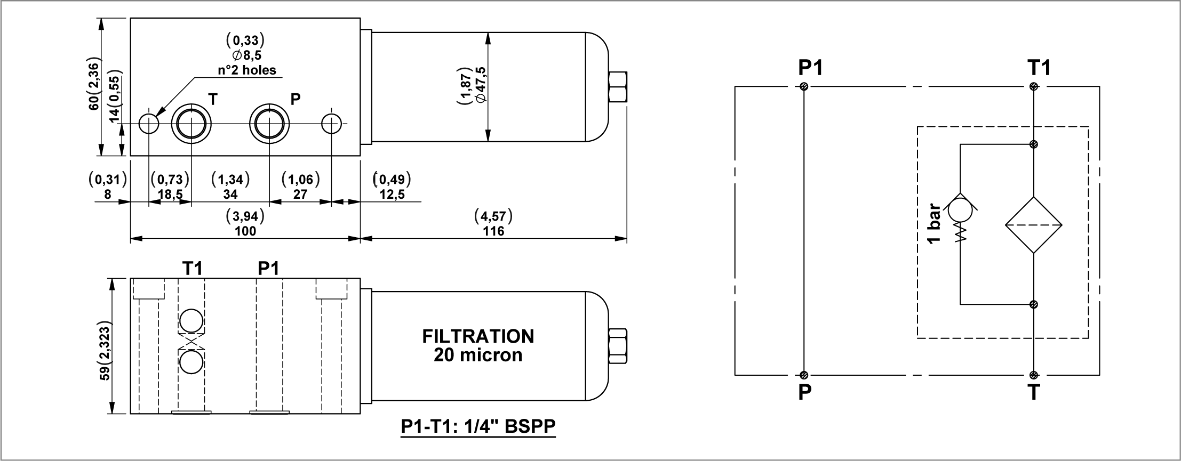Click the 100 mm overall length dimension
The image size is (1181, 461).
245,231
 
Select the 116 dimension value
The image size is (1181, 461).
493,231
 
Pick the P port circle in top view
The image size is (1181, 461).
269,124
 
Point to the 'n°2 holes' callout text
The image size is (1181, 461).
247,70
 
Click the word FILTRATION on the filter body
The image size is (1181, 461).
478,336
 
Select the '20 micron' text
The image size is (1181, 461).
478,355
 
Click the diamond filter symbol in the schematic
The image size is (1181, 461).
1034,225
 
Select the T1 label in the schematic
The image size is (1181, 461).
1039,68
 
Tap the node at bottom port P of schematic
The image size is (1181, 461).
804,375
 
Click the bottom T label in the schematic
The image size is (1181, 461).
1034,393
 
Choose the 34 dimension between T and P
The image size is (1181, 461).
230,194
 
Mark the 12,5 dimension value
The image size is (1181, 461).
392,194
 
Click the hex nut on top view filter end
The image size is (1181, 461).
617,87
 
